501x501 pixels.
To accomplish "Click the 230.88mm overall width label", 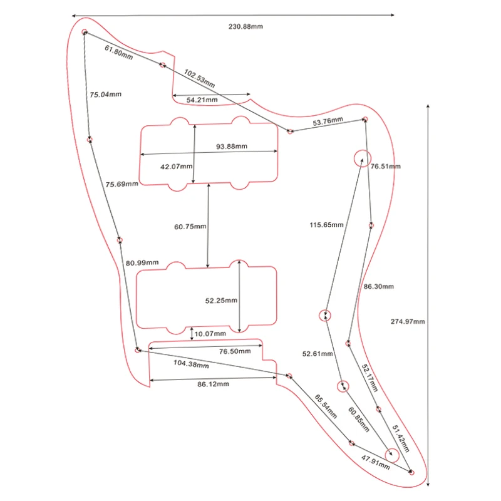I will click(x=245, y=27).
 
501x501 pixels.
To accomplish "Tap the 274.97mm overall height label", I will click(x=408, y=321).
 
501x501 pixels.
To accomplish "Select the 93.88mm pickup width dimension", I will click(x=232, y=147).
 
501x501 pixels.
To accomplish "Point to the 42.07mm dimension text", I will click(x=176, y=167).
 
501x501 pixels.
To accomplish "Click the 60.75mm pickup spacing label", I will click(x=190, y=227).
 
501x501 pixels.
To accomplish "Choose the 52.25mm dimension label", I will click(x=221, y=301).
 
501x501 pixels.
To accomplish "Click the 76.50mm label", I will click(x=235, y=352).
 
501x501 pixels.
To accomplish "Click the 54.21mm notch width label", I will click(x=202, y=100).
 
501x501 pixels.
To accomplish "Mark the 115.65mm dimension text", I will click(x=326, y=225).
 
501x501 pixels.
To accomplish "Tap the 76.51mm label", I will click(x=386, y=167).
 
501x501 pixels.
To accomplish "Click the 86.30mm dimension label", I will click(x=379, y=286).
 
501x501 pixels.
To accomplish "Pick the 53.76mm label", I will click(x=328, y=120).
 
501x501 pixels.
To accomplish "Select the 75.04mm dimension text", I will click(x=105, y=95).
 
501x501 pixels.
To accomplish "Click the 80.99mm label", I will click(x=142, y=262).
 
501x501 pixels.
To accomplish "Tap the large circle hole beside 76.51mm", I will click(x=362, y=158).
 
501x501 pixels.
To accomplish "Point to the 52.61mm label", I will click(x=318, y=354).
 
